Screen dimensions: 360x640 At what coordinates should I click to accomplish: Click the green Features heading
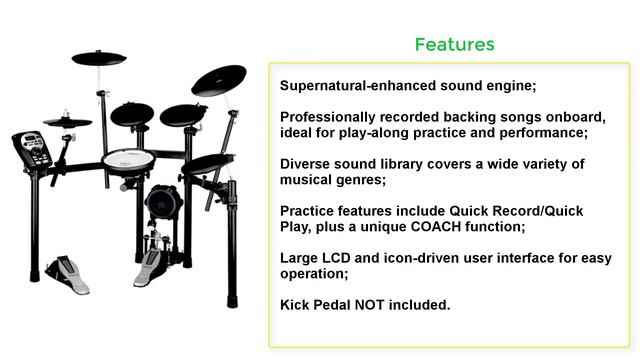click(x=454, y=45)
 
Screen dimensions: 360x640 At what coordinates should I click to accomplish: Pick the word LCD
click(x=338, y=258)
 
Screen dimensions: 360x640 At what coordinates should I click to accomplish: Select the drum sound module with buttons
click(x=33, y=149)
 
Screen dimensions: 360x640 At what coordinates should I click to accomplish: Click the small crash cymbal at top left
click(x=99, y=58)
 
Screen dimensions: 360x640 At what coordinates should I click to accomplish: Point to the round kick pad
click(x=162, y=205)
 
